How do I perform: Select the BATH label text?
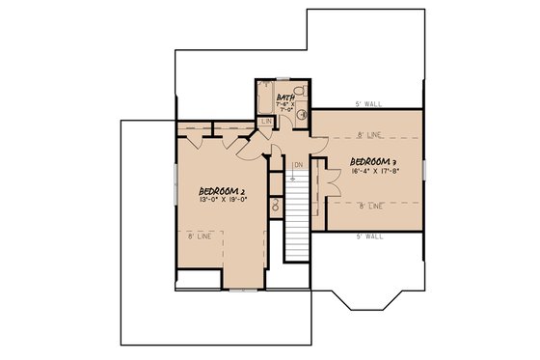click(x=285, y=97)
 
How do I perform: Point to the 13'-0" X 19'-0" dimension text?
click(x=223, y=202)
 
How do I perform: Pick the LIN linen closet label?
click(x=265, y=122)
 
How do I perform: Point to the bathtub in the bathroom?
click(x=263, y=97)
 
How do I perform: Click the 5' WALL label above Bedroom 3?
click(x=370, y=103)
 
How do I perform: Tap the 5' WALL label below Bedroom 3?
click(x=370, y=235)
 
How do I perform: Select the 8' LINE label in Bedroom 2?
click(x=201, y=235)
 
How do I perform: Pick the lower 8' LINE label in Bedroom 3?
click(x=370, y=206)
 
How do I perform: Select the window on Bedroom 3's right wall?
click(x=423, y=169)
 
